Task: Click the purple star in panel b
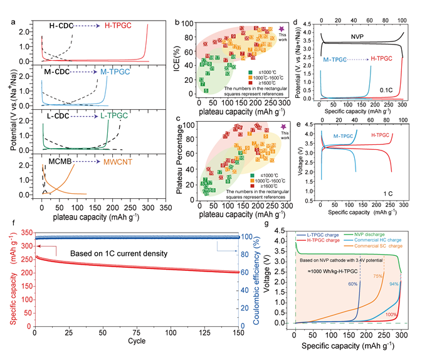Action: (282, 29)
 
